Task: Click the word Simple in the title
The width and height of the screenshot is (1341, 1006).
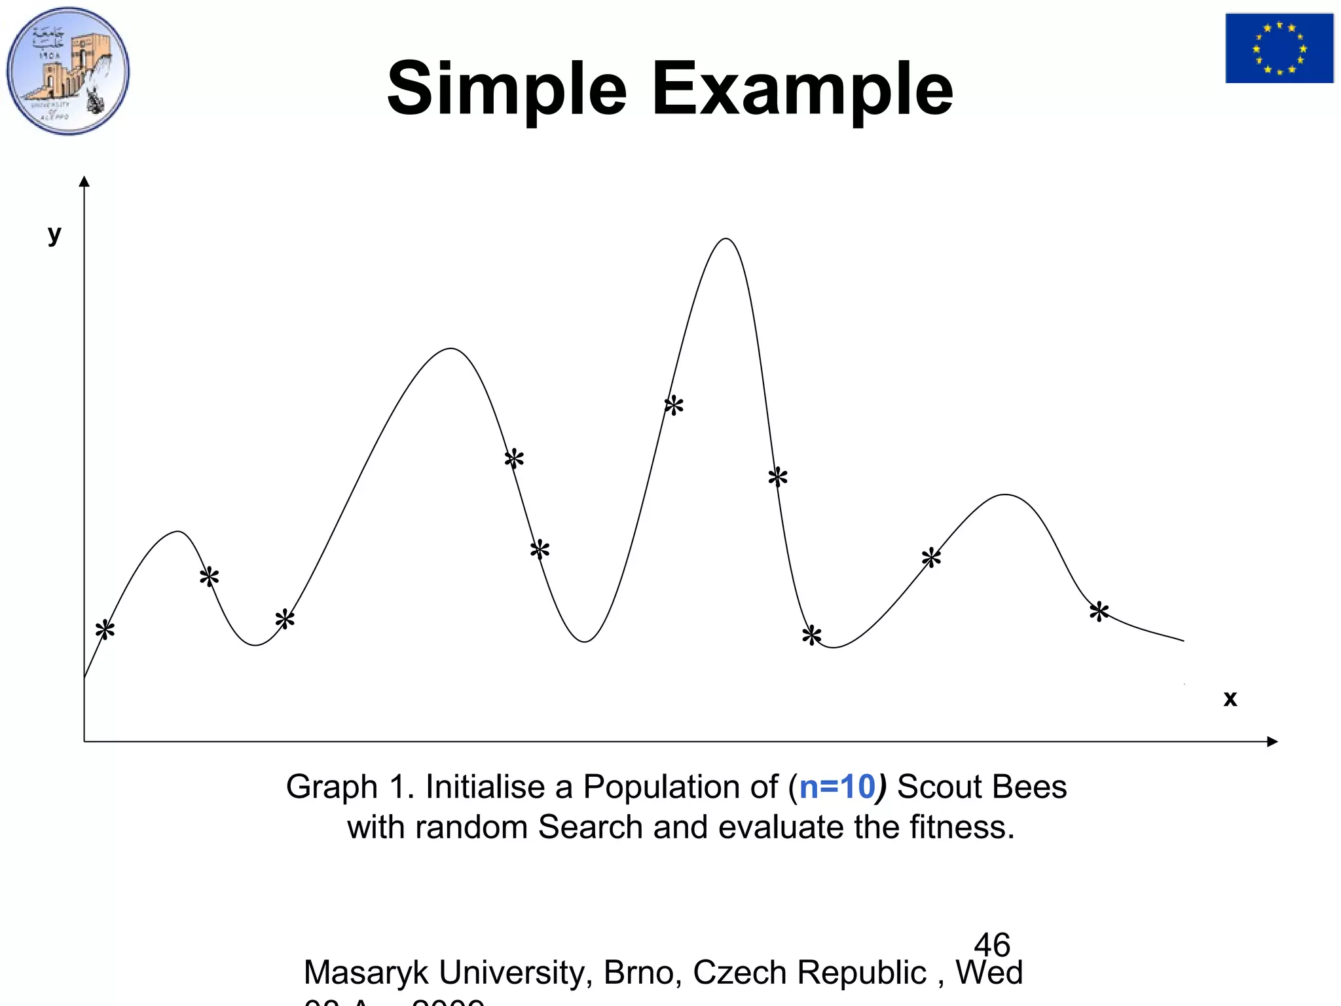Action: coord(507,89)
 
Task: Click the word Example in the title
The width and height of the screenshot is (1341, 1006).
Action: coord(802,89)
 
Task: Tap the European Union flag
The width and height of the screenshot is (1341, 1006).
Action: coord(1279,48)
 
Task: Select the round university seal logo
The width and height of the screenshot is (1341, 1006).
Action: coord(68,71)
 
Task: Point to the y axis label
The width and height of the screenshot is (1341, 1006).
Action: coord(54,234)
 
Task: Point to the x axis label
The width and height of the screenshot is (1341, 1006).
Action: coord(1230,699)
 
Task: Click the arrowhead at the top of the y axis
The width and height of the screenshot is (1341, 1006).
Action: coord(84,181)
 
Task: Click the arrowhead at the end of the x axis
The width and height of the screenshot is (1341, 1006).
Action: coord(1272,741)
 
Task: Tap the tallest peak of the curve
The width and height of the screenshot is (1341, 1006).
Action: coord(726,239)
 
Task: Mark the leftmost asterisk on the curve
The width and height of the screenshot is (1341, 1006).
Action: coord(105,630)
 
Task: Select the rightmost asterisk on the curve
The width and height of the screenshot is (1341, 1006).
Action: coord(1099,612)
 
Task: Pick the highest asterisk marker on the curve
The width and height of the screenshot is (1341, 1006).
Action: coord(674,405)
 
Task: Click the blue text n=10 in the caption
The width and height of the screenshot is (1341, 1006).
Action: coord(837,787)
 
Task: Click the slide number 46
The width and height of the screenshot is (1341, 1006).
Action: coord(992,944)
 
